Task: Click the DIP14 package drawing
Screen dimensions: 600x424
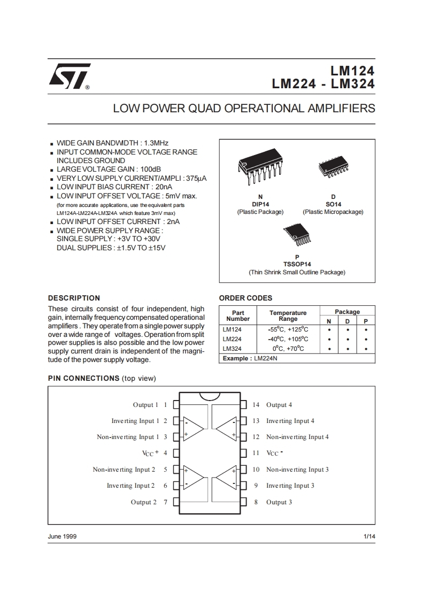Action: click(260, 168)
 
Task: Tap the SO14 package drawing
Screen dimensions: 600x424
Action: click(333, 168)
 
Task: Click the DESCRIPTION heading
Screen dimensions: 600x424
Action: click(74, 298)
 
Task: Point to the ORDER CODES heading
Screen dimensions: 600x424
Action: click(245, 298)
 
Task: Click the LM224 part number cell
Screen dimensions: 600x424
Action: click(232, 339)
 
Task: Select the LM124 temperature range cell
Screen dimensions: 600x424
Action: click(288, 329)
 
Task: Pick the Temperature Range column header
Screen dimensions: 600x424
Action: click(288, 316)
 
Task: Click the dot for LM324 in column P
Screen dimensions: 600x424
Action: click(366, 349)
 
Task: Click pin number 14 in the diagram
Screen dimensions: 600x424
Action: click(256, 405)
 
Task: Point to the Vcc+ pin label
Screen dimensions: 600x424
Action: click(151, 453)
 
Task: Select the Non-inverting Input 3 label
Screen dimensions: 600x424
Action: click(297, 470)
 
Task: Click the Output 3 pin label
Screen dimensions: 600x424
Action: click(279, 502)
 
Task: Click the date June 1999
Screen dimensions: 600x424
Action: click(62, 536)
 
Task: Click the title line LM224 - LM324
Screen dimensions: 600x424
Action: click(323, 84)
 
